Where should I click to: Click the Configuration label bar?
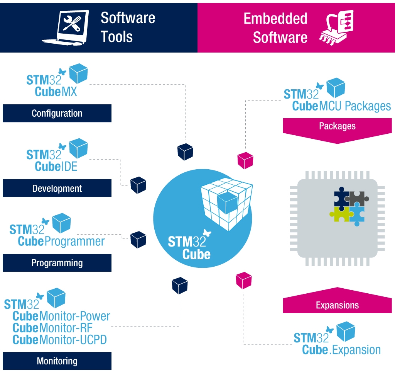pos(57,113)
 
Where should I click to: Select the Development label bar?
pos(57,188)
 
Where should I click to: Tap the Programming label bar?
pos(57,263)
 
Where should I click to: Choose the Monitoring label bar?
pos(57,361)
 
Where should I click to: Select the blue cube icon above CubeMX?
pos(78,73)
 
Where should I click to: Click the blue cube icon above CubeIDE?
pos(78,148)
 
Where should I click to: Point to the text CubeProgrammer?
pos(61,242)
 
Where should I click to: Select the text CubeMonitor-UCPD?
pos(59,340)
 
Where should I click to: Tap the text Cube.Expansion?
pos(341,350)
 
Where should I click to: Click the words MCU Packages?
pos(355,106)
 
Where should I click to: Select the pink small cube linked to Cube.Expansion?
pos(243,280)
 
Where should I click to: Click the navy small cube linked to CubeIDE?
pos(138,185)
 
